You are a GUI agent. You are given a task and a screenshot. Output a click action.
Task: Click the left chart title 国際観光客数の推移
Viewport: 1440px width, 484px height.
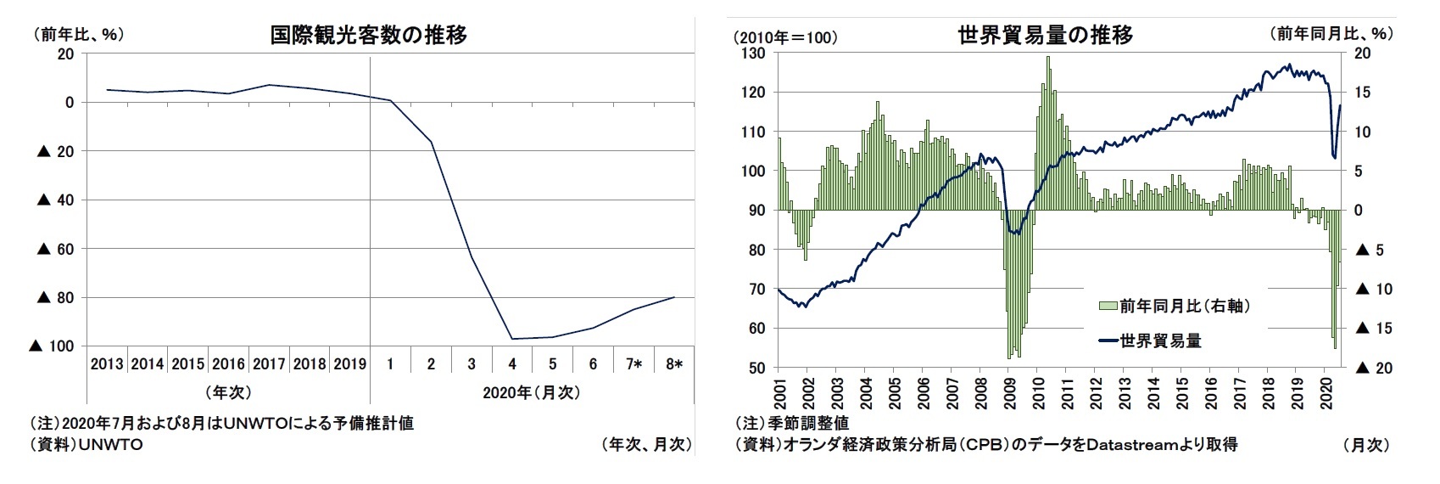368,35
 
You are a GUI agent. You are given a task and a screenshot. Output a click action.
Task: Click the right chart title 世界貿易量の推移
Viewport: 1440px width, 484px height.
1045,35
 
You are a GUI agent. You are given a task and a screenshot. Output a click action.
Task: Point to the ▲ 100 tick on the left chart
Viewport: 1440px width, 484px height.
53,346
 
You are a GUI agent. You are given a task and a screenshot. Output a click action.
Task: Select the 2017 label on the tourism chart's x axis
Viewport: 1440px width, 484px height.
268,364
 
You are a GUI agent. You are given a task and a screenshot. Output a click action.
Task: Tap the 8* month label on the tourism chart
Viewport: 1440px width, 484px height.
674,364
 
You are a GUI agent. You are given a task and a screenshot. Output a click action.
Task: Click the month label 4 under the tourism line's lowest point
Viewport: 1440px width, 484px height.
511,364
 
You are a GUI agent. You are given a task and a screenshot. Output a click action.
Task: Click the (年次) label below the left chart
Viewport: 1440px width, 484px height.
227,392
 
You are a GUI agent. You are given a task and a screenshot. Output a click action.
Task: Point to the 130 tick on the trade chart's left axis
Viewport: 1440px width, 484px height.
755,53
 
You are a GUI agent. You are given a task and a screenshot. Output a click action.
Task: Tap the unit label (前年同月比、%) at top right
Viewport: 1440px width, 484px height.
1331,34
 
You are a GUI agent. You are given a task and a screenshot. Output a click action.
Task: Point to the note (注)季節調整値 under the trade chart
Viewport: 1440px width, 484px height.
791,422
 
